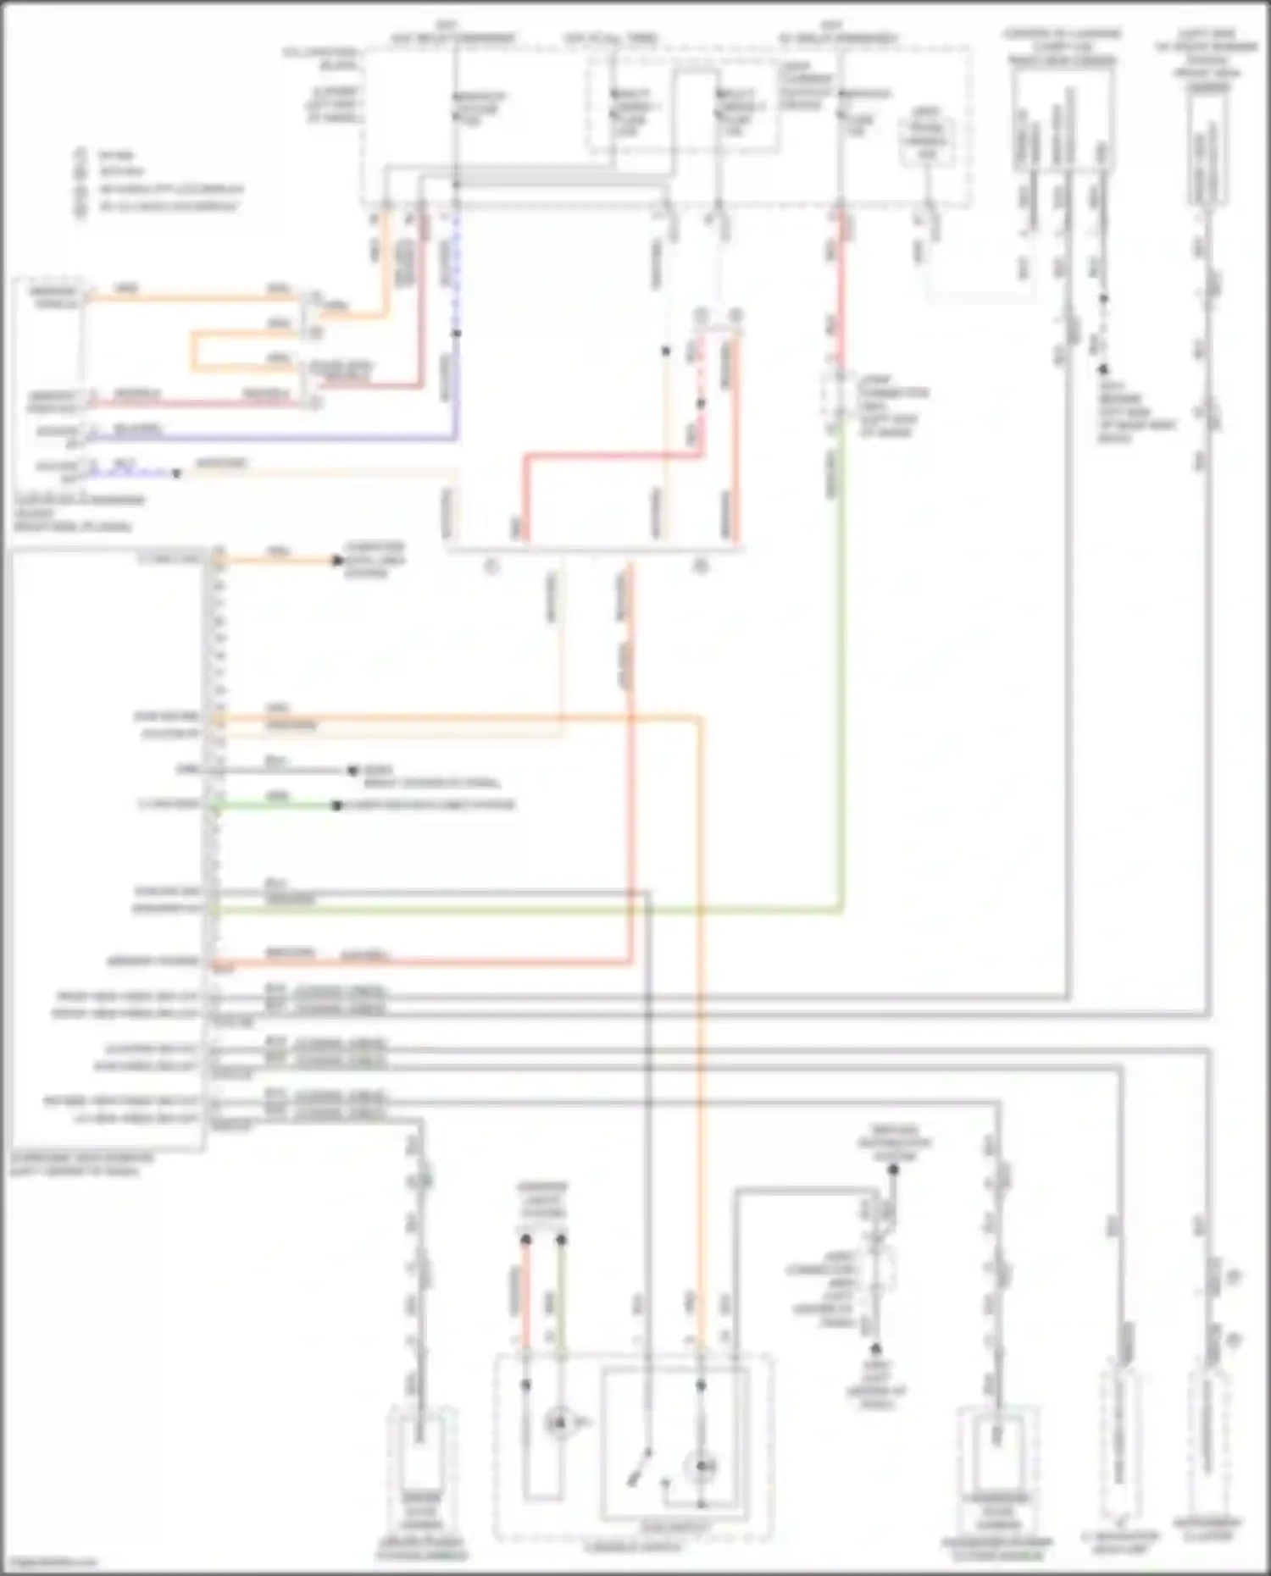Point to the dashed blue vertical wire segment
pyautogui.click(x=457, y=271)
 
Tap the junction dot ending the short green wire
pyautogui.click(x=336, y=805)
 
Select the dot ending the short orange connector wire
pyautogui.click(x=336, y=561)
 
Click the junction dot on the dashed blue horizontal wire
pyautogui.click(x=176, y=473)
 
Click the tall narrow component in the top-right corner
pyautogui.click(x=1208, y=152)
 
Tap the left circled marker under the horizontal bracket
pyautogui.click(x=491, y=567)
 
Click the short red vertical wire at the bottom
pyautogui.click(x=525, y=1296)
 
